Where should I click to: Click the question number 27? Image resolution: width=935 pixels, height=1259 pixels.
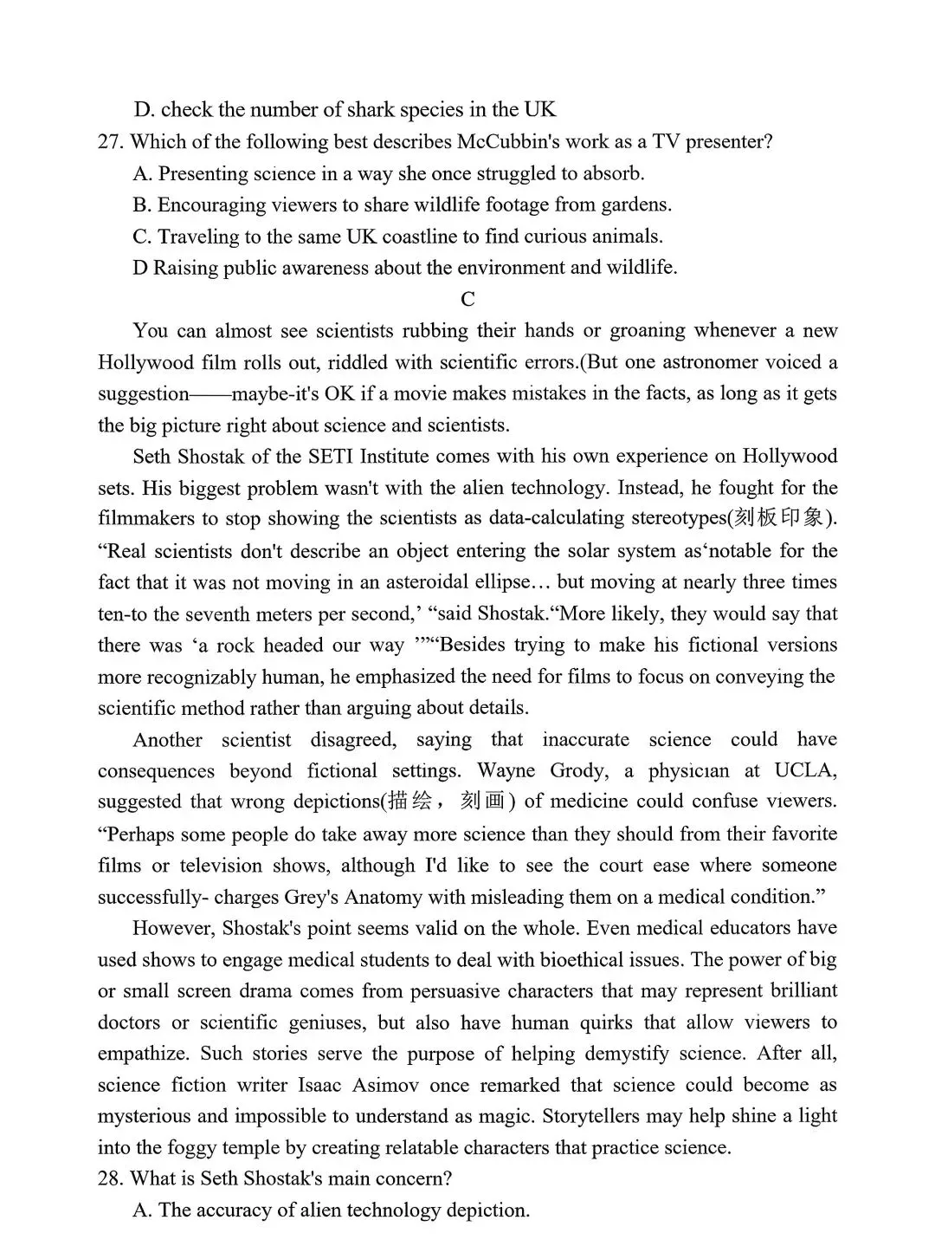[x=111, y=142]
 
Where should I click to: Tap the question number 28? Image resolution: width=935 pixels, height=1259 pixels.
[x=111, y=1179]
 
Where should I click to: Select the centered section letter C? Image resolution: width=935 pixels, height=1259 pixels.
[x=467, y=300]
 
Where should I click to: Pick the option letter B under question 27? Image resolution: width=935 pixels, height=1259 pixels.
[x=142, y=205]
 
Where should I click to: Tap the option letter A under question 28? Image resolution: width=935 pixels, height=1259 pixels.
[x=142, y=1210]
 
